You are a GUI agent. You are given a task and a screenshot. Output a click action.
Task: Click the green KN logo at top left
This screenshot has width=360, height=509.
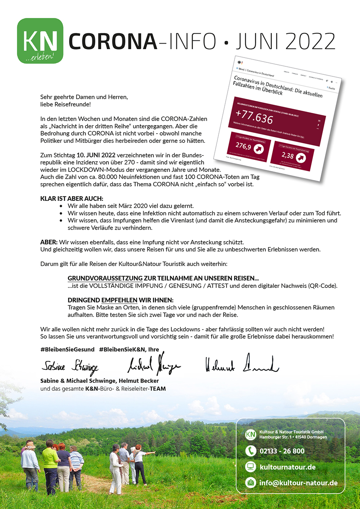click(40, 41)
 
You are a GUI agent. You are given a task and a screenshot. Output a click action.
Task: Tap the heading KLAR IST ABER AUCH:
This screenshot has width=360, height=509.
click(72, 199)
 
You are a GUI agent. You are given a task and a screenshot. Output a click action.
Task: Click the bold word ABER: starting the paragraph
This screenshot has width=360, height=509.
click(49, 242)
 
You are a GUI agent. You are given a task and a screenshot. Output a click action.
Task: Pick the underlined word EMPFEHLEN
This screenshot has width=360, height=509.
click(119, 300)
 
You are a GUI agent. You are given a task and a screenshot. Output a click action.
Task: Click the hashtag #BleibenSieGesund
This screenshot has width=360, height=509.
click(67, 349)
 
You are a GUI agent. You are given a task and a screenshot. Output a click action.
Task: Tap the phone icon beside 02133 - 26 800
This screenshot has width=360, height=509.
click(251, 451)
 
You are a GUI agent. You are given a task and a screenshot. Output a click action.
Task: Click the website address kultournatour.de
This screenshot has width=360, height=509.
click(287, 467)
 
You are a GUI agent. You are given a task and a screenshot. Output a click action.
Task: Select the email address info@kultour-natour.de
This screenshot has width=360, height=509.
click(298, 483)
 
